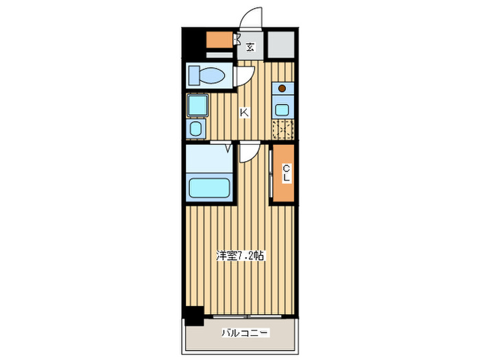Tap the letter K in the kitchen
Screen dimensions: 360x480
tap(243, 112)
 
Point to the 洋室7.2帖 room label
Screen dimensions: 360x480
tap(241, 256)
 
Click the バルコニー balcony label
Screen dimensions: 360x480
tap(245, 333)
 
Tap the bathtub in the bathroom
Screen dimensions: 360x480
tap(209, 187)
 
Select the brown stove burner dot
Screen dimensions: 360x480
tap(282, 88)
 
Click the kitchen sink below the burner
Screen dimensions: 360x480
tap(282, 108)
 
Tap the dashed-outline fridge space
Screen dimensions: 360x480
tap(283, 129)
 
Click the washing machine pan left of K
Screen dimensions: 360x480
tap(197, 105)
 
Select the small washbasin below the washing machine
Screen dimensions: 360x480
tap(196, 128)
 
